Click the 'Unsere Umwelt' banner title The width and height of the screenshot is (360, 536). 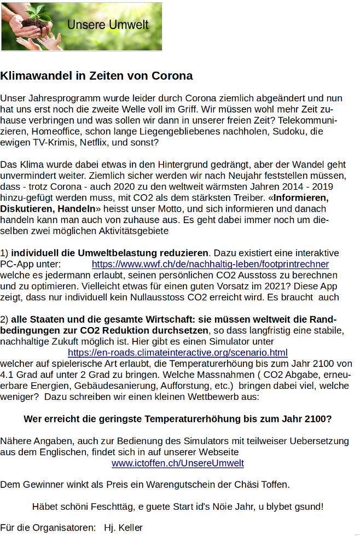pyautogui.click(x=108, y=25)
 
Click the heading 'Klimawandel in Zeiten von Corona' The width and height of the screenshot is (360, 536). pyautogui.click(x=96, y=75)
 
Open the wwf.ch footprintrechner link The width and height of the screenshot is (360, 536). pyautogui.click(x=210, y=264)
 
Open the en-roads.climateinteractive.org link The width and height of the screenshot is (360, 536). pyautogui.click(x=178, y=353)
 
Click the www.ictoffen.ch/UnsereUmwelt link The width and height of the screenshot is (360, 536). pyautogui.click(x=178, y=463)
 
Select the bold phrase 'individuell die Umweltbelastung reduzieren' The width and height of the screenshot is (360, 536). pyautogui.click(x=110, y=253)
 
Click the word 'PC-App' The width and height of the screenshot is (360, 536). pyautogui.click(x=15, y=264)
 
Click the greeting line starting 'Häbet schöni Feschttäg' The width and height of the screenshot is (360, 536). pyautogui.click(x=178, y=506)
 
